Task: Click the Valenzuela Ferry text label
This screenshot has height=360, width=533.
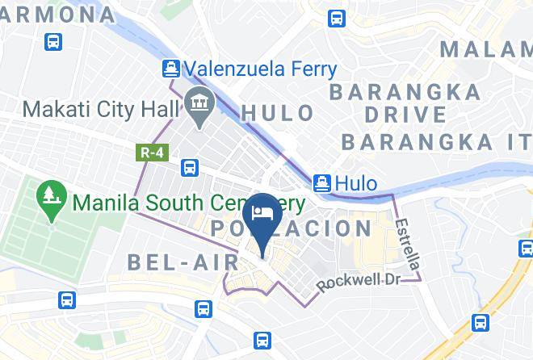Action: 259,69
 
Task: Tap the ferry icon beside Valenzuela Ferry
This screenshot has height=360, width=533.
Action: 170,69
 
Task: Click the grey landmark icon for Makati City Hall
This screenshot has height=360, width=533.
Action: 196,103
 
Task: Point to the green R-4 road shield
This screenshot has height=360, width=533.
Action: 146,152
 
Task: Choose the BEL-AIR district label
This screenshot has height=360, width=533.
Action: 183,262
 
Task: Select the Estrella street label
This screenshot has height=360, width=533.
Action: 409,245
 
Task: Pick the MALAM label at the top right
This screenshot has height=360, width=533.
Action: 485,49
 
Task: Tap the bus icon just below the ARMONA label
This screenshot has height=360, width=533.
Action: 53,41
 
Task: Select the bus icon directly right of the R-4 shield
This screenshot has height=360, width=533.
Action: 190,168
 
